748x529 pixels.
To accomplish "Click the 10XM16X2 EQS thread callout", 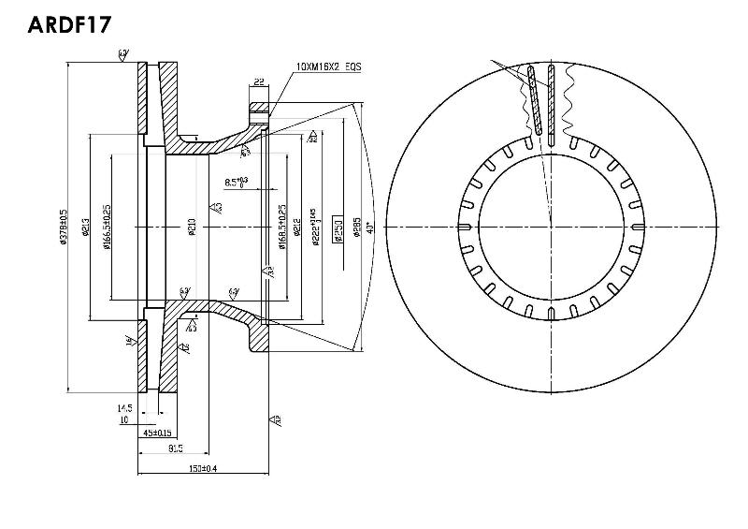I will (328, 66).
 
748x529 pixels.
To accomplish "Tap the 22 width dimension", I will (258, 83).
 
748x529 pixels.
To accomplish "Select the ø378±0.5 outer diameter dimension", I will (64, 227).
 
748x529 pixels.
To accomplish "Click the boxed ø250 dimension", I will (338, 228).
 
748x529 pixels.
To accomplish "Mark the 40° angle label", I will (370, 228).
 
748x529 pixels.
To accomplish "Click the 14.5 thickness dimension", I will (123, 408).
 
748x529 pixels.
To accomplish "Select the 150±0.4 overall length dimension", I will (203, 467).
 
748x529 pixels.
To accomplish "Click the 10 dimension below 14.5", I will (123, 419).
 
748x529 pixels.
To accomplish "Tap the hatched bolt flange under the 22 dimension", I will (256, 117).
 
